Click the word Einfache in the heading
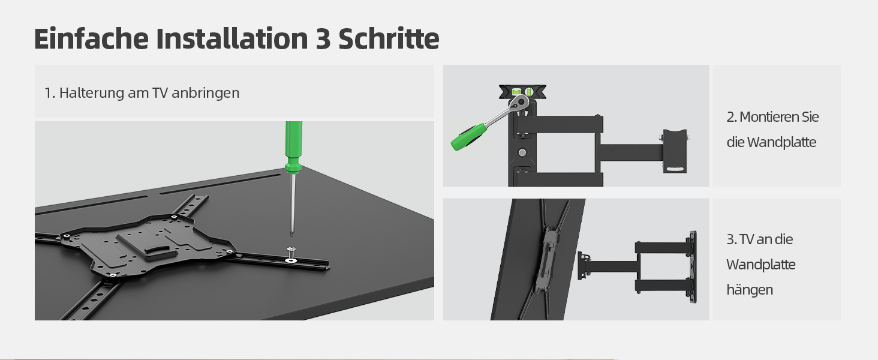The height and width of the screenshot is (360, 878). (x=91, y=39)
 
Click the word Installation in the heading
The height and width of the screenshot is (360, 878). (x=232, y=38)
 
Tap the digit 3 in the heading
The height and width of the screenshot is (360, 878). (x=323, y=39)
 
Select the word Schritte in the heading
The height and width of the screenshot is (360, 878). (x=389, y=38)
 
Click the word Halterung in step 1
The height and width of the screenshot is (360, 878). (x=91, y=94)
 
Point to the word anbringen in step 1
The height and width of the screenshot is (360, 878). (x=205, y=94)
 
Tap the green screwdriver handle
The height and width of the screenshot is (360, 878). (x=294, y=147)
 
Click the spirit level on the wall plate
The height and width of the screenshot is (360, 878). (x=522, y=92)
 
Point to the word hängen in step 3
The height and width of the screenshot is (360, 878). (x=750, y=290)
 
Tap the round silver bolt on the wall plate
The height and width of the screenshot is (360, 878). (x=522, y=152)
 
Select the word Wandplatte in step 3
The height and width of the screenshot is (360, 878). (x=761, y=265)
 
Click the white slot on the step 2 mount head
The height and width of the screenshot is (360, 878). (x=674, y=169)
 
